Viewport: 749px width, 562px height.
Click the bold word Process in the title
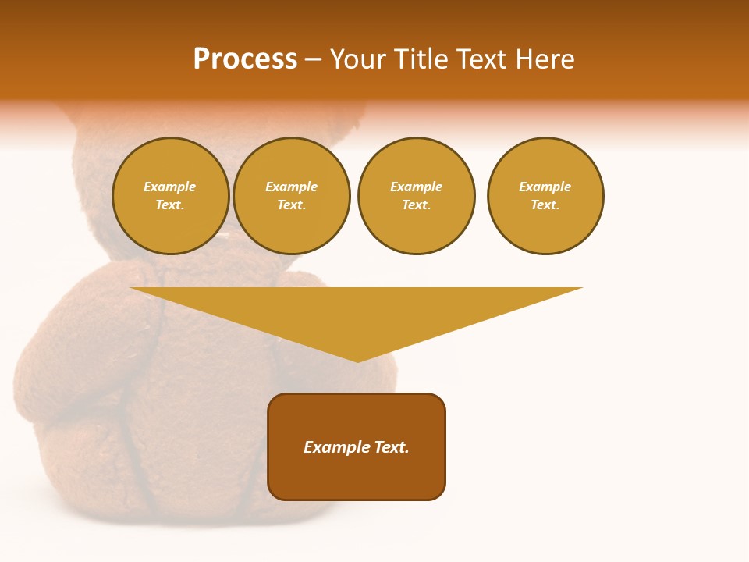(x=245, y=59)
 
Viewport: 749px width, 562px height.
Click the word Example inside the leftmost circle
(x=170, y=187)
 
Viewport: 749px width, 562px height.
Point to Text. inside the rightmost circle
(x=545, y=205)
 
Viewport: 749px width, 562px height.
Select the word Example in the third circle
(x=416, y=187)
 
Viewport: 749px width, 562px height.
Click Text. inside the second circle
(x=292, y=205)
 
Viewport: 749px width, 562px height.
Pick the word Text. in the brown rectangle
(x=392, y=447)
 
